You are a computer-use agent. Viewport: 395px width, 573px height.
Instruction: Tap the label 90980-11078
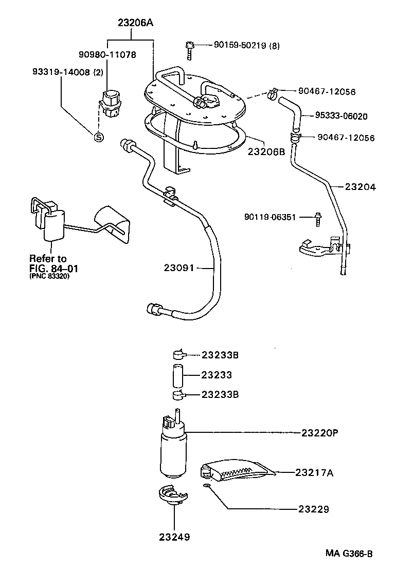107,54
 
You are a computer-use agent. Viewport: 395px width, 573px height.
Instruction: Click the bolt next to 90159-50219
190,50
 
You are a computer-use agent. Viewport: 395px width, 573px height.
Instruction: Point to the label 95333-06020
342,116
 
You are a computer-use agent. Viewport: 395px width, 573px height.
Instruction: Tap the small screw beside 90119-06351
317,220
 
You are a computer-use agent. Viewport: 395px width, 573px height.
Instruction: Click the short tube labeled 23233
178,375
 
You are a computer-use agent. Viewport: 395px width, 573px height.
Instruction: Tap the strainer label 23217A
314,472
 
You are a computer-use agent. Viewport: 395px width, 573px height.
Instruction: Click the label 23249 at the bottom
174,537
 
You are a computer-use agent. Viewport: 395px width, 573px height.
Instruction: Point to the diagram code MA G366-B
348,554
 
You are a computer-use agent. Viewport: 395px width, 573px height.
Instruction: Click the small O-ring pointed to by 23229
207,486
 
